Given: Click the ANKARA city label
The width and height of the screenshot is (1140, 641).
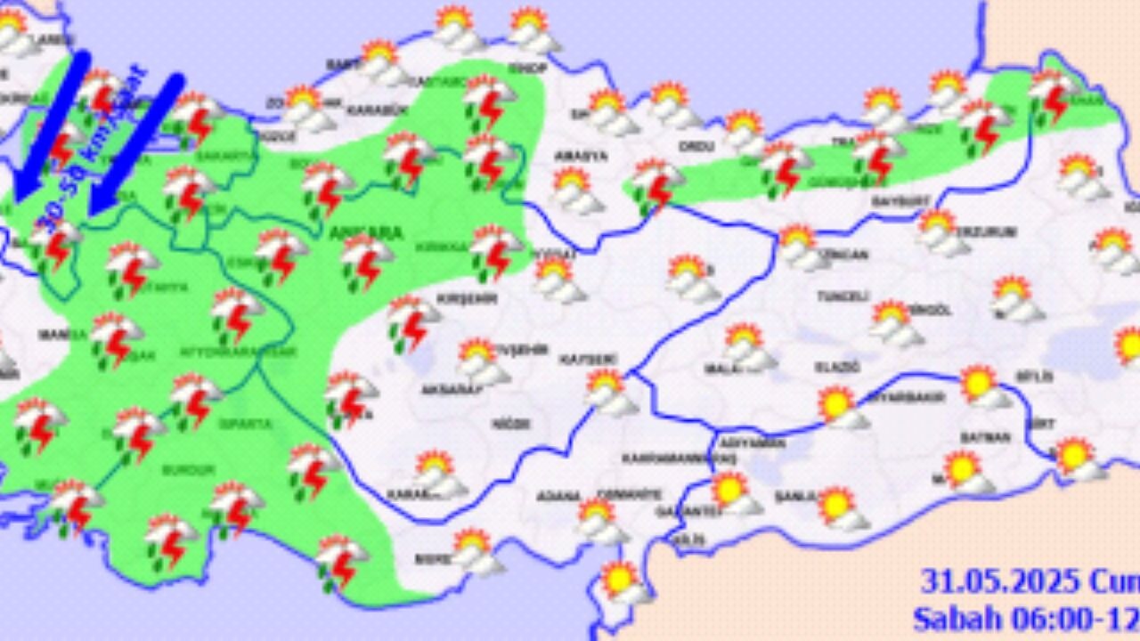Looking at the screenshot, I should [365, 233].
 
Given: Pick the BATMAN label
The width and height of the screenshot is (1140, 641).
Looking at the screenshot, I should [985, 437].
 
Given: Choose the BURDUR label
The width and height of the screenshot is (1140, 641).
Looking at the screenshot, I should [189, 469].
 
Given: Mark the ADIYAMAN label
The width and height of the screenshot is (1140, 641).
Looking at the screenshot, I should [740, 442].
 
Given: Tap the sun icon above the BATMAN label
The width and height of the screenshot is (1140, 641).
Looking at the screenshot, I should [979, 383].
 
